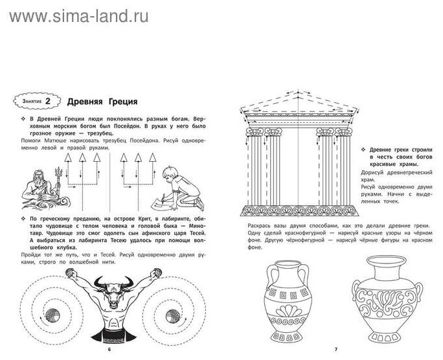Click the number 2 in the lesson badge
pyautogui.click(x=56, y=102)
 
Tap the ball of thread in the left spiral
pyautogui.click(x=51, y=317)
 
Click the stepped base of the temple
pyautogui.click(x=295, y=211)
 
